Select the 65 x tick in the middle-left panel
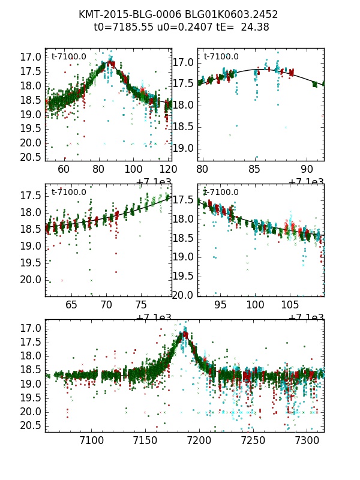71,306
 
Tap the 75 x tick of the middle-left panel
141,306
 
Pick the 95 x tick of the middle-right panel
221,306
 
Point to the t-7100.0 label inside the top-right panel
221,57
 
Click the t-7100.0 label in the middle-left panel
69,192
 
